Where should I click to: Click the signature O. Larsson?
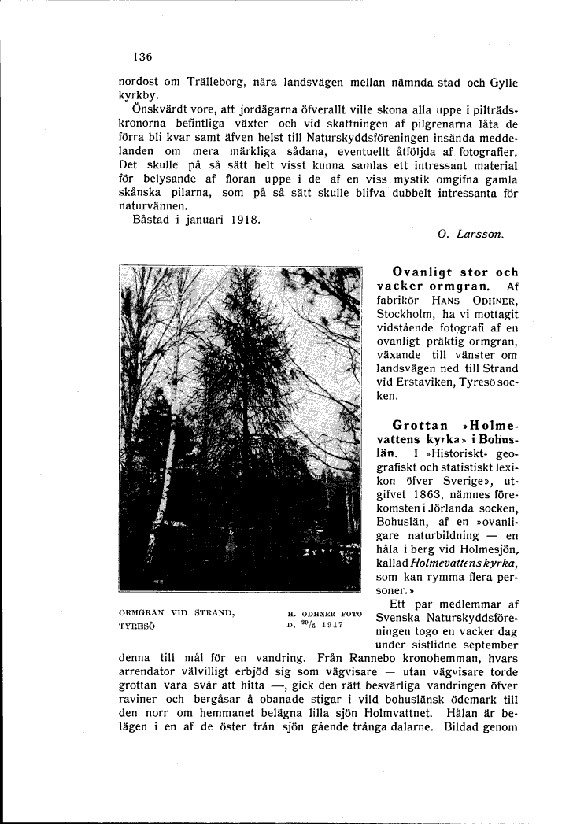click(470, 235)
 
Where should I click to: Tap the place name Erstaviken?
click(431, 383)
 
